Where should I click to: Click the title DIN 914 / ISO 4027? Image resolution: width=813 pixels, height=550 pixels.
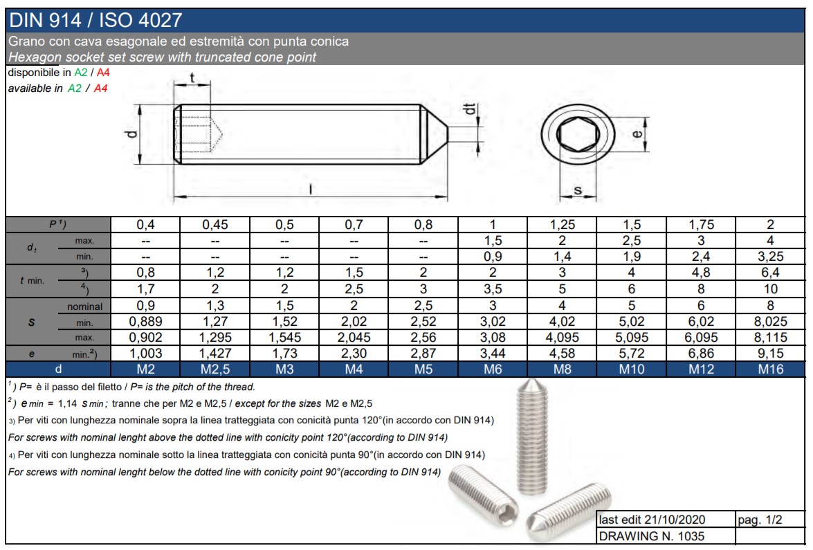[96, 20]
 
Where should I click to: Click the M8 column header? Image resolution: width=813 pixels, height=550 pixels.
[562, 369]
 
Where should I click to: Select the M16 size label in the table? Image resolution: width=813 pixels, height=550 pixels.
[771, 369]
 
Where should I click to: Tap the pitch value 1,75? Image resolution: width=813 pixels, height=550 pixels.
[701, 224]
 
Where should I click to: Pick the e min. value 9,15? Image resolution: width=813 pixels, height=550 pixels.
[771, 354]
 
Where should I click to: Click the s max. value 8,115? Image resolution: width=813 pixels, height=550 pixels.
[771, 338]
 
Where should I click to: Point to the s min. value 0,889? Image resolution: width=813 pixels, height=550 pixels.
[146, 322]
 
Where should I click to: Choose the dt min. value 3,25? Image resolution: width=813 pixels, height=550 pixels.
[771, 256]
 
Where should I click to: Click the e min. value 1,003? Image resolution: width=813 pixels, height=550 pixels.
[146, 354]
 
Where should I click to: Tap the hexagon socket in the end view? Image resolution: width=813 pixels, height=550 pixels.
[578, 134]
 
